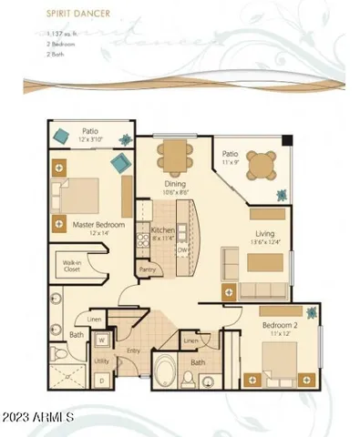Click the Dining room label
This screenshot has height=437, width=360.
174,188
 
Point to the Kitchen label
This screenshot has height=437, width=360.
162,230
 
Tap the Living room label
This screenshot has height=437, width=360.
265,235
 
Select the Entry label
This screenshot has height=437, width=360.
134,351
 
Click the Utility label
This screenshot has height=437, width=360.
102,361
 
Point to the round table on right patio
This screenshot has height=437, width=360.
261,165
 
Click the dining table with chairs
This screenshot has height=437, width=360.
174,154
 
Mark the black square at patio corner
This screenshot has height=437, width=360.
288,141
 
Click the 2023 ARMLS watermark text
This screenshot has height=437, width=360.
38,416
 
